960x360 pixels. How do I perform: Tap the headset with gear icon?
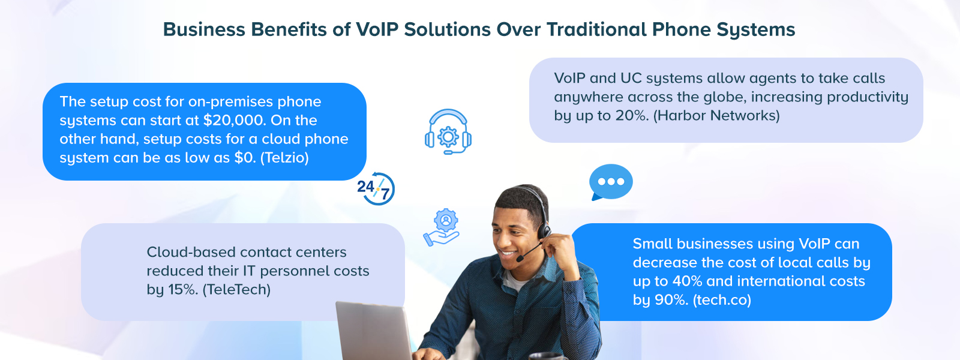(448, 131)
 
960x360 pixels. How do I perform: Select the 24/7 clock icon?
(376, 188)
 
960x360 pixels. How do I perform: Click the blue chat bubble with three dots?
(611, 182)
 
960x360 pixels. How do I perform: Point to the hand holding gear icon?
(442, 227)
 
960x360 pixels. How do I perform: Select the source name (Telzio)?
(284, 158)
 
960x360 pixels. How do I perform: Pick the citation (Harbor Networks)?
(716, 115)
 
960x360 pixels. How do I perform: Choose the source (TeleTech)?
(236, 290)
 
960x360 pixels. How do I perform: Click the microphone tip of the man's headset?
(520, 259)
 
